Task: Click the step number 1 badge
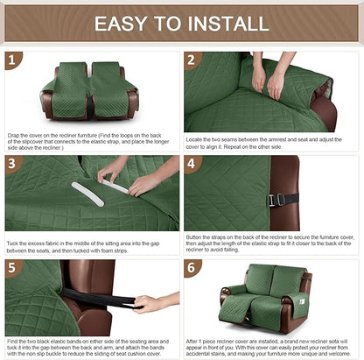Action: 12,60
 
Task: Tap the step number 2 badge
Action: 192,60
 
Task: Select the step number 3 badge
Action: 12,163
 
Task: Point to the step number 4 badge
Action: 192,163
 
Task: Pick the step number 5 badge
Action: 12,266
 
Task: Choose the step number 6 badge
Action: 192,266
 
